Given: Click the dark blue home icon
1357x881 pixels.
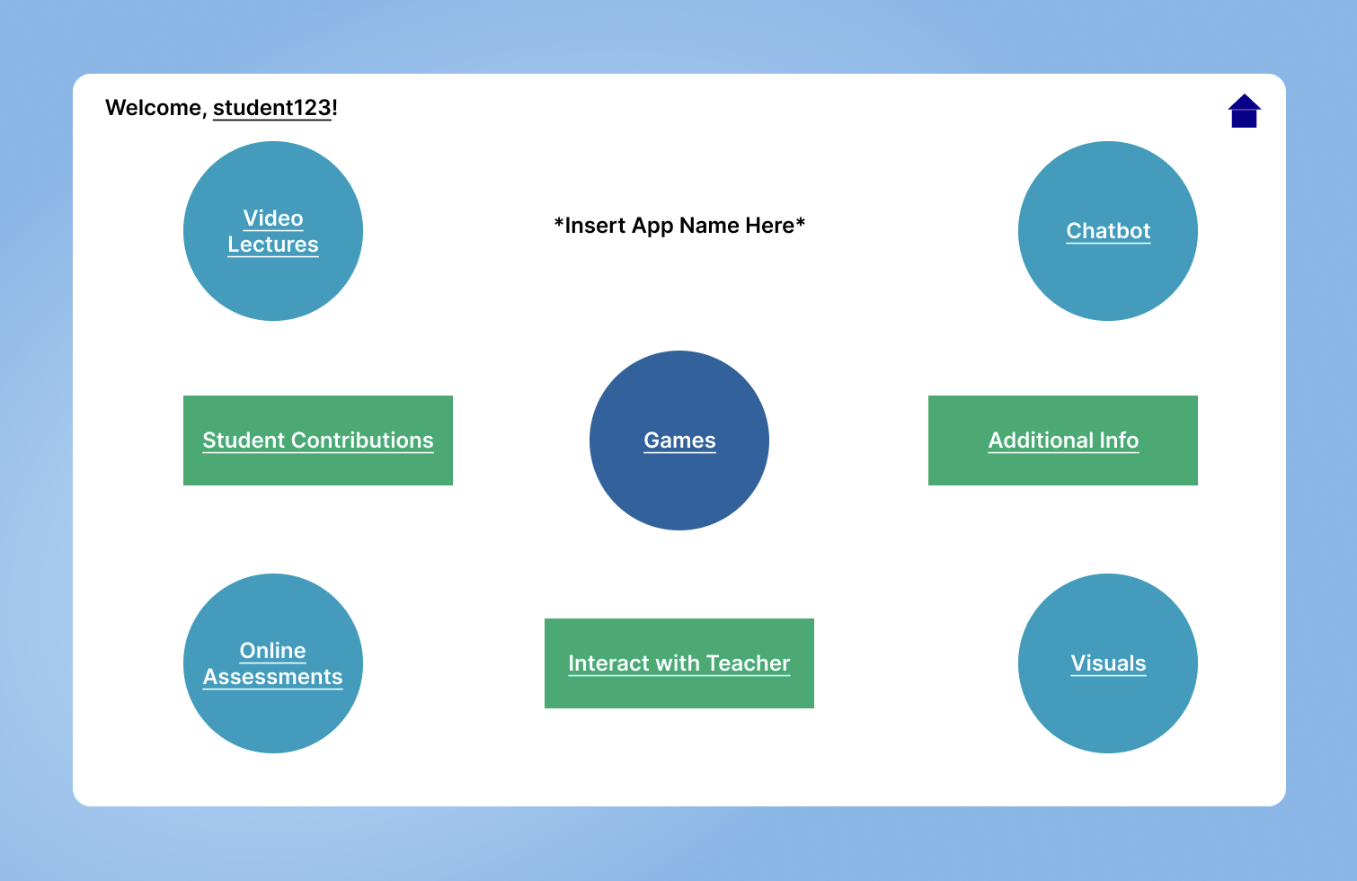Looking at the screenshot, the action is (1245, 111).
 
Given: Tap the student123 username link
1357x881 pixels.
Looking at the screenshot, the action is (272, 108).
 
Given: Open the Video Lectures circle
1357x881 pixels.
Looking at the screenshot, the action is (273, 231).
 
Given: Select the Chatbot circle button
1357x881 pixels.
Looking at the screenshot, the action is (1108, 231).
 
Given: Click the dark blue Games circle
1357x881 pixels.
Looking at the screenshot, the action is (679, 440).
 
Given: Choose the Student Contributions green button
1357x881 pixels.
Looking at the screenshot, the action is (318, 440).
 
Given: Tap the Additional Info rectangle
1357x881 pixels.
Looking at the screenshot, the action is (1063, 440).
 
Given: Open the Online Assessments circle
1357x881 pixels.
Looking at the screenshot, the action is (273, 663).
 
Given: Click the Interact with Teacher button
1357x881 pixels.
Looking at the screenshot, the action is (679, 663).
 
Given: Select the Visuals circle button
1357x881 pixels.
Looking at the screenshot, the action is (1108, 663).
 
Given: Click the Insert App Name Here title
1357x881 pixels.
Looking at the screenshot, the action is (679, 226).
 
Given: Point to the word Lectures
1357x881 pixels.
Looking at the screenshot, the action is (273, 245).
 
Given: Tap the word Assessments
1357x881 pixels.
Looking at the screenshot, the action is (273, 677).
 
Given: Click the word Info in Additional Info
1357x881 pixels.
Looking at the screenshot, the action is (1119, 440).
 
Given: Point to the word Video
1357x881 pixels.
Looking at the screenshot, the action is (273, 218).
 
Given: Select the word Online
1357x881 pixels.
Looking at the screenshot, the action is (273, 650).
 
